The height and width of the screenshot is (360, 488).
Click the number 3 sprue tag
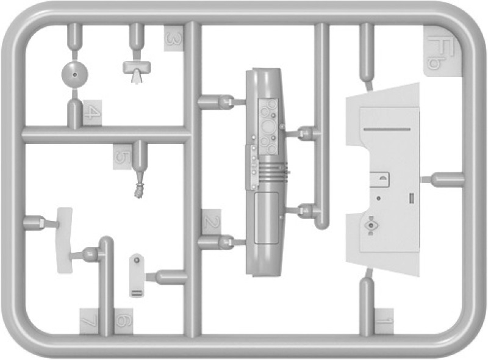[x=174, y=38]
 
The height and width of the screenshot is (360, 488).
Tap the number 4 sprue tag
[x=93, y=113]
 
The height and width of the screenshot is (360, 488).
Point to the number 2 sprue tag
[x=211, y=222]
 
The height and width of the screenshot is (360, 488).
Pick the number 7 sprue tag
[x=89, y=321]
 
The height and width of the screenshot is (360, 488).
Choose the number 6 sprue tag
[x=124, y=321]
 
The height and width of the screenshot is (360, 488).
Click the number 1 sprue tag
[x=384, y=321]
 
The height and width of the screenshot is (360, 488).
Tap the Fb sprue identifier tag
[x=443, y=51]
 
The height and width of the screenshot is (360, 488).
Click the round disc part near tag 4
[x=74, y=74]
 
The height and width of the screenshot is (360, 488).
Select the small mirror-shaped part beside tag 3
[x=137, y=70]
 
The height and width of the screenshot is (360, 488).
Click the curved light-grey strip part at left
[x=65, y=240]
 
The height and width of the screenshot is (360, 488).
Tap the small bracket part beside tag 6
[x=137, y=275]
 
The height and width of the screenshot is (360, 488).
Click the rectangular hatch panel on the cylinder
[x=267, y=218]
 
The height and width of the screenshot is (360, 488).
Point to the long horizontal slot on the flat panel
[x=387, y=129]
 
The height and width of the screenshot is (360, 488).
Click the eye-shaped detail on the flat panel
[x=371, y=225]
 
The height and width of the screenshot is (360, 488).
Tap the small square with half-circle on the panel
[x=379, y=179]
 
